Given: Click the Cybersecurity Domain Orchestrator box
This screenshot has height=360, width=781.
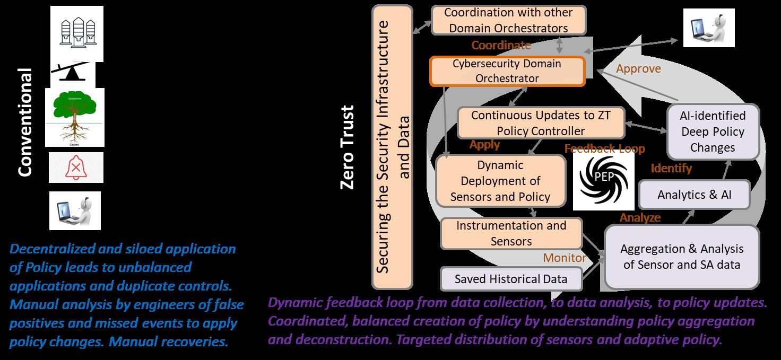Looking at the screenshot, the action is pyautogui.click(x=507, y=72).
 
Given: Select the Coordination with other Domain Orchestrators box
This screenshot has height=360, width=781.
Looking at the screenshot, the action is pyautogui.click(x=508, y=20).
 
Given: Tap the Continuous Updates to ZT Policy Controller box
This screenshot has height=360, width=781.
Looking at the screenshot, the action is pyautogui.click(x=541, y=122).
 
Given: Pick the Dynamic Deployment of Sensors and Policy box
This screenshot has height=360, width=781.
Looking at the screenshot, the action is pyautogui.click(x=500, y=181).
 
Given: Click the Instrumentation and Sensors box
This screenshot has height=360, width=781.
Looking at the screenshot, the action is pyautogui.click(x=511, y=233).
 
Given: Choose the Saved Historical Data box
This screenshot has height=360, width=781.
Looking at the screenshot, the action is pyautogui.click(x=511, y=279).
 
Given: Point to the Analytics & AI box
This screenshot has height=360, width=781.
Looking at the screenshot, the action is pyautogui.click(x=694, y=195).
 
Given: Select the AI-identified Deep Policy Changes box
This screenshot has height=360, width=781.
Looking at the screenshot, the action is pyautogui.click(x=713, y=131).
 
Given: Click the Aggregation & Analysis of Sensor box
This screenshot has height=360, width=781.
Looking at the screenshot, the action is pyautogui.click(x=682, y=257).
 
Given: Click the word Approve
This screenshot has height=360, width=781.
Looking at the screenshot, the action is pyautogui.click(x=638, y=69).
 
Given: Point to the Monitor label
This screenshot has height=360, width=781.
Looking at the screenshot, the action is pyautogui.click(x=565, y=258).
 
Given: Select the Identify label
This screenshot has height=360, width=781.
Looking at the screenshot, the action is pyautogui.click(x=671, y=168).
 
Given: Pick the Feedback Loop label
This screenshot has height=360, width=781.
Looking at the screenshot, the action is pyautogui.click(x=604, y=148).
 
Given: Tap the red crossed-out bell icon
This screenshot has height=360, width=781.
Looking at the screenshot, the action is pyautogui.click(x=76, y=168).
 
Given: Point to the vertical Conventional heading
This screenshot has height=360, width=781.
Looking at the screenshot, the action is pyautogui.click(x=25, y=122).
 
